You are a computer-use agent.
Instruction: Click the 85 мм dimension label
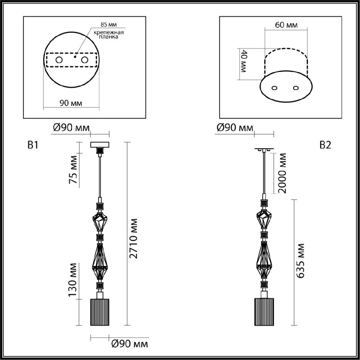point(109,24)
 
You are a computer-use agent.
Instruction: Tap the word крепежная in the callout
point(109,32)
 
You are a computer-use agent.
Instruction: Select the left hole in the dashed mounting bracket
point(59,60)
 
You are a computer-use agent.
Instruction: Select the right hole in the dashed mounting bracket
point(85,60)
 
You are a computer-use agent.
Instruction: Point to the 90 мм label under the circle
point(71,103)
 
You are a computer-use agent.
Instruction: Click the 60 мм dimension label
point(286,25)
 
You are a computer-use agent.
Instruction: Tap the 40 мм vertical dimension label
point(244,61)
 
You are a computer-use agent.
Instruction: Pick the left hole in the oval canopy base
point(274,88)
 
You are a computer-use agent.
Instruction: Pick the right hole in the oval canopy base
point(296,88)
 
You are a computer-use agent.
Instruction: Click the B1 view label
point(33,145)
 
